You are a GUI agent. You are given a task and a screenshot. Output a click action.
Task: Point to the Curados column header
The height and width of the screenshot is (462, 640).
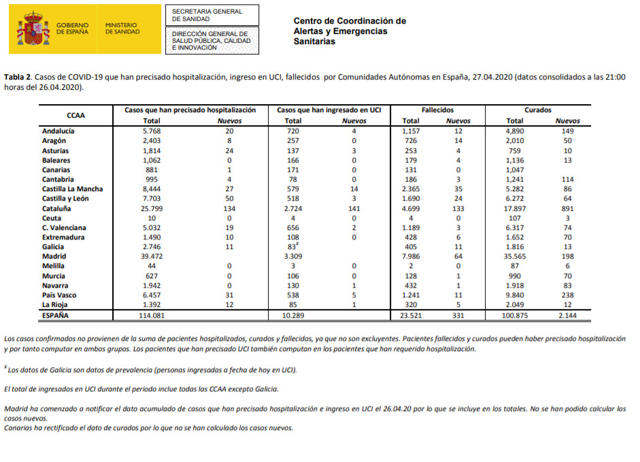pyautogui.click(x=538, y=110)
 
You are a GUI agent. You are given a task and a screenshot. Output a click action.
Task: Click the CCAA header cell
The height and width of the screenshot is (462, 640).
pyautogui.click(x=75, y=115)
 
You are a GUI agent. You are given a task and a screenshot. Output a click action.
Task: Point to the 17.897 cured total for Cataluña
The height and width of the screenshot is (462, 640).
pyautogui.click(x=514, y=208)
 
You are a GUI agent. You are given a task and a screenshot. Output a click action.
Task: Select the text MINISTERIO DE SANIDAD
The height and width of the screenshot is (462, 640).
pyautogui.click(x=123, y=28)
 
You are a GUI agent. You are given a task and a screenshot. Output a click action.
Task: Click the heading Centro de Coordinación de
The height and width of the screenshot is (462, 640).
pyautogui.click(x=350, y=21)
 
